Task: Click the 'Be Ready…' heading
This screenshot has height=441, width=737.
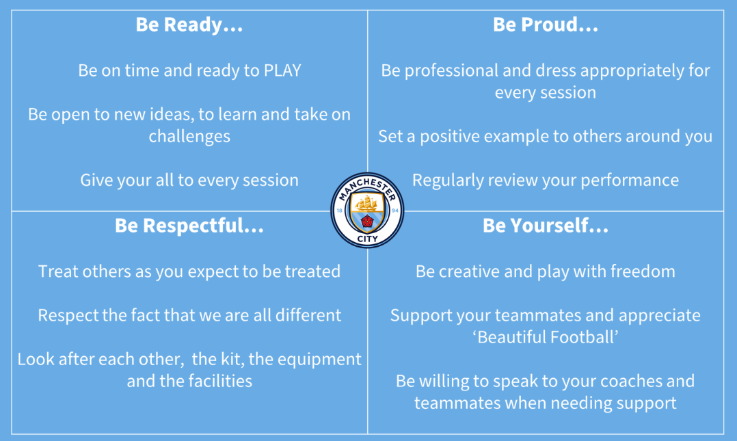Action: coord(189,25)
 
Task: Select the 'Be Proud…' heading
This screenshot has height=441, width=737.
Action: coord(546,25)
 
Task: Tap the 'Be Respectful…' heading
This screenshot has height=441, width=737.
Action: coord(189,226)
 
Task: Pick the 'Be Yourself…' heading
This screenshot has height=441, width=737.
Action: coord(546,226)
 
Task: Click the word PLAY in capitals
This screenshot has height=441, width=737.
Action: coord(282,70)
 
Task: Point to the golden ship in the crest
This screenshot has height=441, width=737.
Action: coord(366,204)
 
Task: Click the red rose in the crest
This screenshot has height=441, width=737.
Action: coord(367,221)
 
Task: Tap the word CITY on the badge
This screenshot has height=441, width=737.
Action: coord(367,239)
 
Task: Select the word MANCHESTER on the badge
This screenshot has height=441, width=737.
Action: coord(367,187)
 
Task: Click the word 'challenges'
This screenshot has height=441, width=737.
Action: coord(189,136)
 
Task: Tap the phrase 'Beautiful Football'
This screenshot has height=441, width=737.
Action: coord(546,337)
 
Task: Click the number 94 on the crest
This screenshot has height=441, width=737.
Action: coord(395,211)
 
